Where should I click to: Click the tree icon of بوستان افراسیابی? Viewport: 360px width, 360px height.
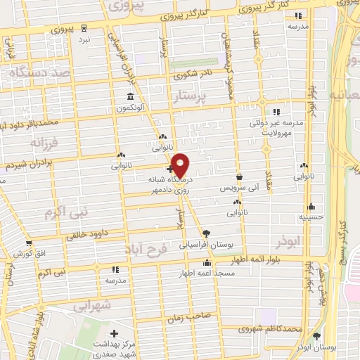(207, 233)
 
